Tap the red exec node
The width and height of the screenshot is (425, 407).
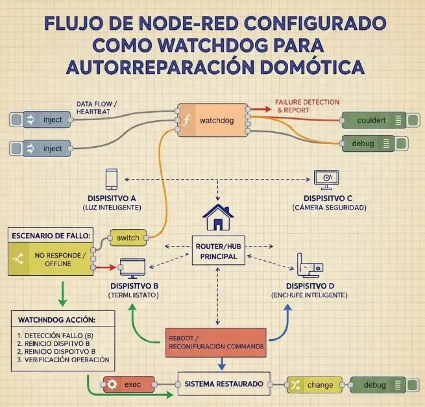(130, 384)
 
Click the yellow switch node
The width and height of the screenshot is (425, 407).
(127, 238)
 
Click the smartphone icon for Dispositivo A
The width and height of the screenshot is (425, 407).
(112, 179)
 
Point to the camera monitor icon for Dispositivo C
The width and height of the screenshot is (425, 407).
(326, 179)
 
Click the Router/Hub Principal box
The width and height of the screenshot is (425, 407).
(218, 251)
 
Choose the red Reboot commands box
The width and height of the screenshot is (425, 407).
(216, 342)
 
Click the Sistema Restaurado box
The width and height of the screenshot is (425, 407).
(223, 384)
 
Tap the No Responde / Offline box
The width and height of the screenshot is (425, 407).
(51, 258)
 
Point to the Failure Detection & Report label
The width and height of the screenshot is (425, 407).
(297, 106)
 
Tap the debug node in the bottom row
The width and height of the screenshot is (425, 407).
(378, 385)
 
